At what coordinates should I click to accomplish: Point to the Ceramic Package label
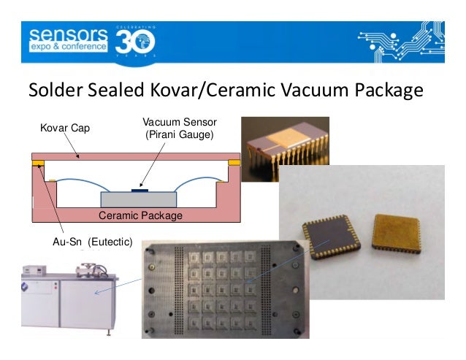click(140, 216)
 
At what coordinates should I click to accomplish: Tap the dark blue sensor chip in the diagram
click(139, 190)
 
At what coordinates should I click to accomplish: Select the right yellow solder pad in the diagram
click(234, 162)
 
